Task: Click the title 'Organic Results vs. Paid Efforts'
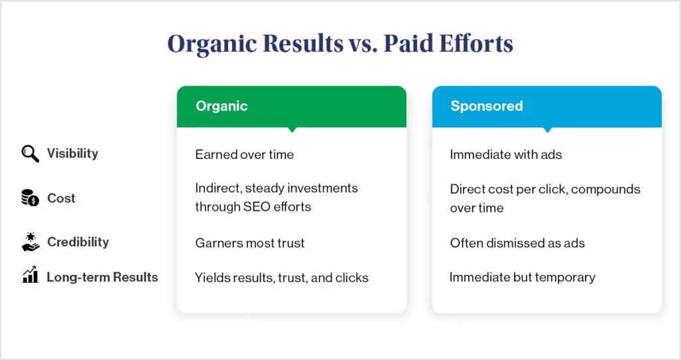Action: click(x=340, y=43)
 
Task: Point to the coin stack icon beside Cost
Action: click(x=31, y=198)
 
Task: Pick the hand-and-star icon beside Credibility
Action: click(x=31, y=242)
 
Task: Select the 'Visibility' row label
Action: click(x=72, y=154)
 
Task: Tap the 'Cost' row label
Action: click(x=61, y=198)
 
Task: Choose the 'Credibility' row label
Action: click(x=78, y=242)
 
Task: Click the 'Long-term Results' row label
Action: click(x=102, y=277)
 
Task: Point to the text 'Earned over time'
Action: click(x=244, y=154)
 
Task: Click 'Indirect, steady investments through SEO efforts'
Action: click(x=276, y=197)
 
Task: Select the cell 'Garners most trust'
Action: click(x=249, y=243)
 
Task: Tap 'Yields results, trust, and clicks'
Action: click(x=281, y=277)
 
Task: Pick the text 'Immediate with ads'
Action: click(x=505, y=154)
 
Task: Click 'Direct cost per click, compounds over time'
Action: click(x=545, y=198)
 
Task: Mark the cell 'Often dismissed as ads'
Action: click(x=517, y=243)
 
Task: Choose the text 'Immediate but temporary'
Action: click(x=522, y=277)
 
